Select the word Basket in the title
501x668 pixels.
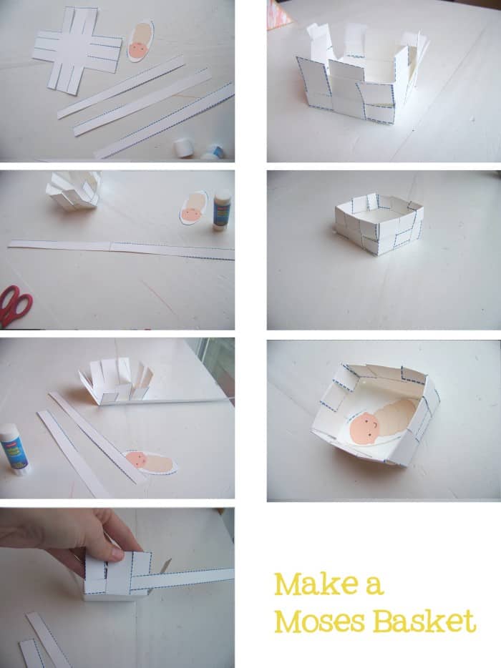[x=424, y=621]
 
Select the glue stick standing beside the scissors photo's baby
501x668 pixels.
[x=222, y=210]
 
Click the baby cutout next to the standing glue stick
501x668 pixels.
[x=193, y=208]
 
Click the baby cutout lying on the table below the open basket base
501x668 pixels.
[x=150, y=462]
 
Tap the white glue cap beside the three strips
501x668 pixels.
[x=183, y=147]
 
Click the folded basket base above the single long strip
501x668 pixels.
[x=73, y=190]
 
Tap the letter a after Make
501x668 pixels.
[x=374, y=586]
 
